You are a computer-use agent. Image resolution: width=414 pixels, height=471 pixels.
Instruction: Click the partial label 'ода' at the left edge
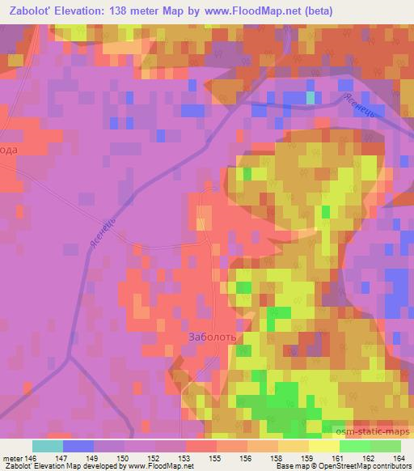click(8, 150)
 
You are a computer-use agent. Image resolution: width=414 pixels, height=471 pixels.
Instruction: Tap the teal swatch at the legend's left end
click(47, 446)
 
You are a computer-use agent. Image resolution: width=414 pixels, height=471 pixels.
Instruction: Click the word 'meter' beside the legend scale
click(11, 457)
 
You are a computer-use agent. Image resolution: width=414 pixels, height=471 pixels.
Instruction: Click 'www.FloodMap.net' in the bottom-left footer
click(154, 466)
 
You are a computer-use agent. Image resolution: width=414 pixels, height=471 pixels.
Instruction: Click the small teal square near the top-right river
click(310, 98)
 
